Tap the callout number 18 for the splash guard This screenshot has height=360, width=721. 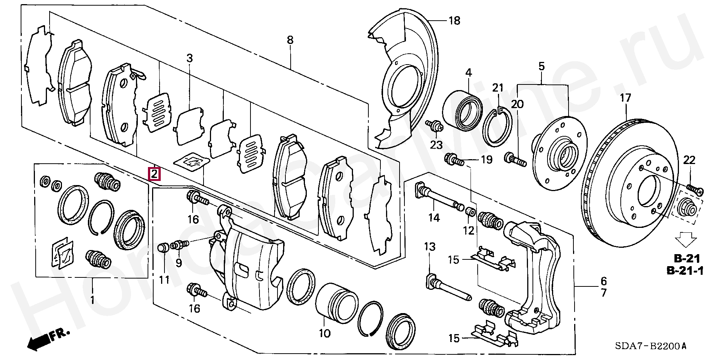pos(454,20)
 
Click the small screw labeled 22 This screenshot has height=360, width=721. pos(695,188)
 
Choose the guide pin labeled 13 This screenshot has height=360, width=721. pos(448,289)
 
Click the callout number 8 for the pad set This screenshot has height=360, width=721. pos(290,40)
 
